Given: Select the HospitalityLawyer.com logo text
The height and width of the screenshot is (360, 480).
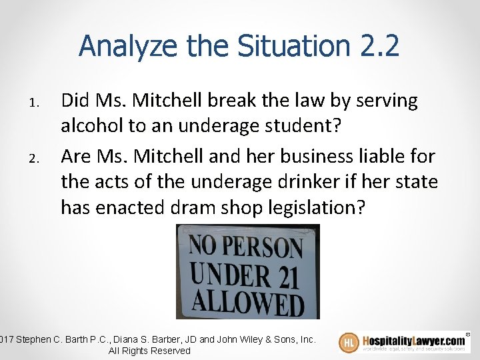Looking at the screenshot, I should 413,340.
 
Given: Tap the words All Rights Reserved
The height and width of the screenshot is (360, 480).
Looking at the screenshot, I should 149,351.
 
